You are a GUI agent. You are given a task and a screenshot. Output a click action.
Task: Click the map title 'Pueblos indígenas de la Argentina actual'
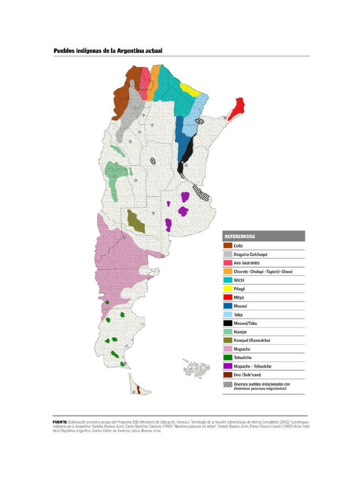pos(108,51)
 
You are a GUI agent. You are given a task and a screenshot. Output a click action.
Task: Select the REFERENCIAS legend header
pos(240,236)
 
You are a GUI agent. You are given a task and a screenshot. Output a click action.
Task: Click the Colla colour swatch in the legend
pos(227,245)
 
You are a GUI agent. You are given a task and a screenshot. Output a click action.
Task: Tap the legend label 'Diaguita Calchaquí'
pos(250,254)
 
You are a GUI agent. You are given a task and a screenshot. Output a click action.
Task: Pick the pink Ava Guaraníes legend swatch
pos(227,262)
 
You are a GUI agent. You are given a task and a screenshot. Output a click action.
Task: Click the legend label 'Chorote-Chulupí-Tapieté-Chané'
pos(262,271)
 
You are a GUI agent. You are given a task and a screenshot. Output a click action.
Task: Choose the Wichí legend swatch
pos(227,280)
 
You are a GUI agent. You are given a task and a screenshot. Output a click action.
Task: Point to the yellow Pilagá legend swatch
pos(227,289)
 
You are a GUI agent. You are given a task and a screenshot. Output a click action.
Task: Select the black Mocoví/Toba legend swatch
pos(227,323)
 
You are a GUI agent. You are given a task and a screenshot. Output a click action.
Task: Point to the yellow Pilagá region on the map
pos(190,89)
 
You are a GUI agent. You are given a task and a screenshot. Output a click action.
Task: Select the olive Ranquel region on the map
pos(136,221)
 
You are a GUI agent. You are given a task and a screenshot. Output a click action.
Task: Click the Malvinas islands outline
pos(197,368)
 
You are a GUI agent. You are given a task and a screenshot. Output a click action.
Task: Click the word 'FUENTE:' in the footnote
pos(60,422)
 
